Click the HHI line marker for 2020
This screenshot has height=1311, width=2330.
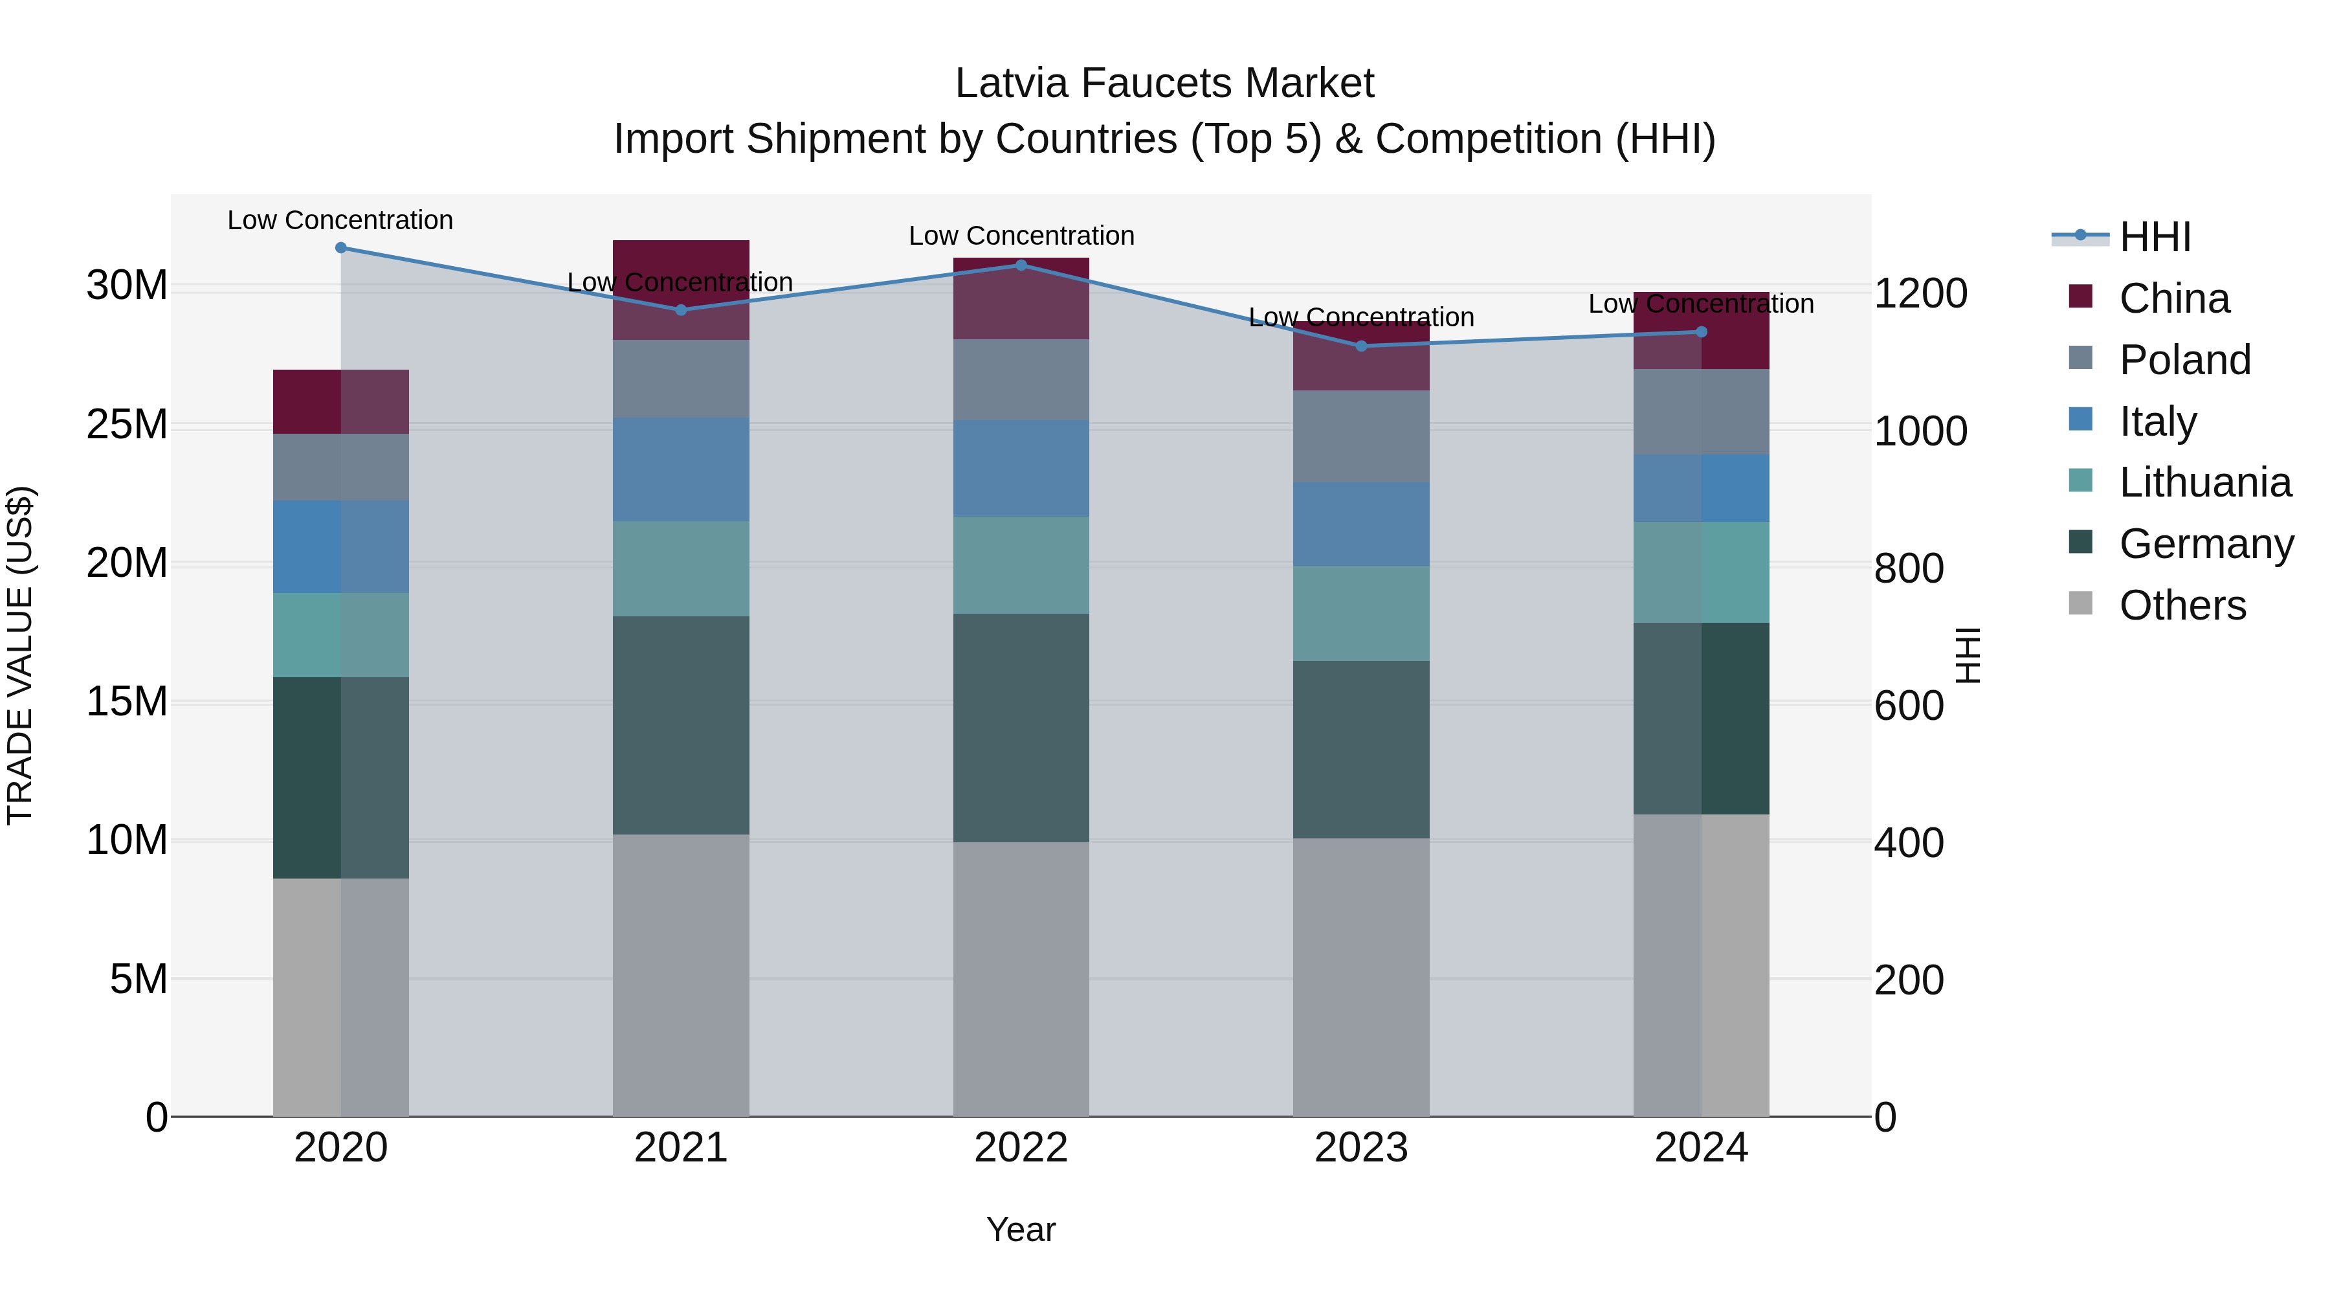click(x=341, y=248)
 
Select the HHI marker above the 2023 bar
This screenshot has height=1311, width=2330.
click(x=1361, y=346)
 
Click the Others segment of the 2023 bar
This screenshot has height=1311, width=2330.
click(x=1361, y=977)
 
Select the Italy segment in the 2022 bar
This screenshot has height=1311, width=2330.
click(x=1021, y=468)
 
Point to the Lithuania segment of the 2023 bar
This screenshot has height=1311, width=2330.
click(x=1361, y=614)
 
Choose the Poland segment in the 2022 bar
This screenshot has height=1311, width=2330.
click(x=1021, y=379)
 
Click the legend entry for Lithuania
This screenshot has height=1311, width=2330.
click(x=2204, y=482)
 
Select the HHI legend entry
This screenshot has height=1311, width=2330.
click(x=2155, y=237)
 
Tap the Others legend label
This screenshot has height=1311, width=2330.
click(x=2182, y=605)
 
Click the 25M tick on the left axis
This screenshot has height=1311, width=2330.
click(x=127, y=424)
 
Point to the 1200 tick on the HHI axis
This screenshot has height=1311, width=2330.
click(x=1920, y=293)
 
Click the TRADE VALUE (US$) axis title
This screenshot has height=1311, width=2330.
click(x=20, y=655)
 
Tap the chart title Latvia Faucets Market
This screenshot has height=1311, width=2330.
click(x=1164, y=84)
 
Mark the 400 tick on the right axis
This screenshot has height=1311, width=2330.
click(x=1909, y=843)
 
